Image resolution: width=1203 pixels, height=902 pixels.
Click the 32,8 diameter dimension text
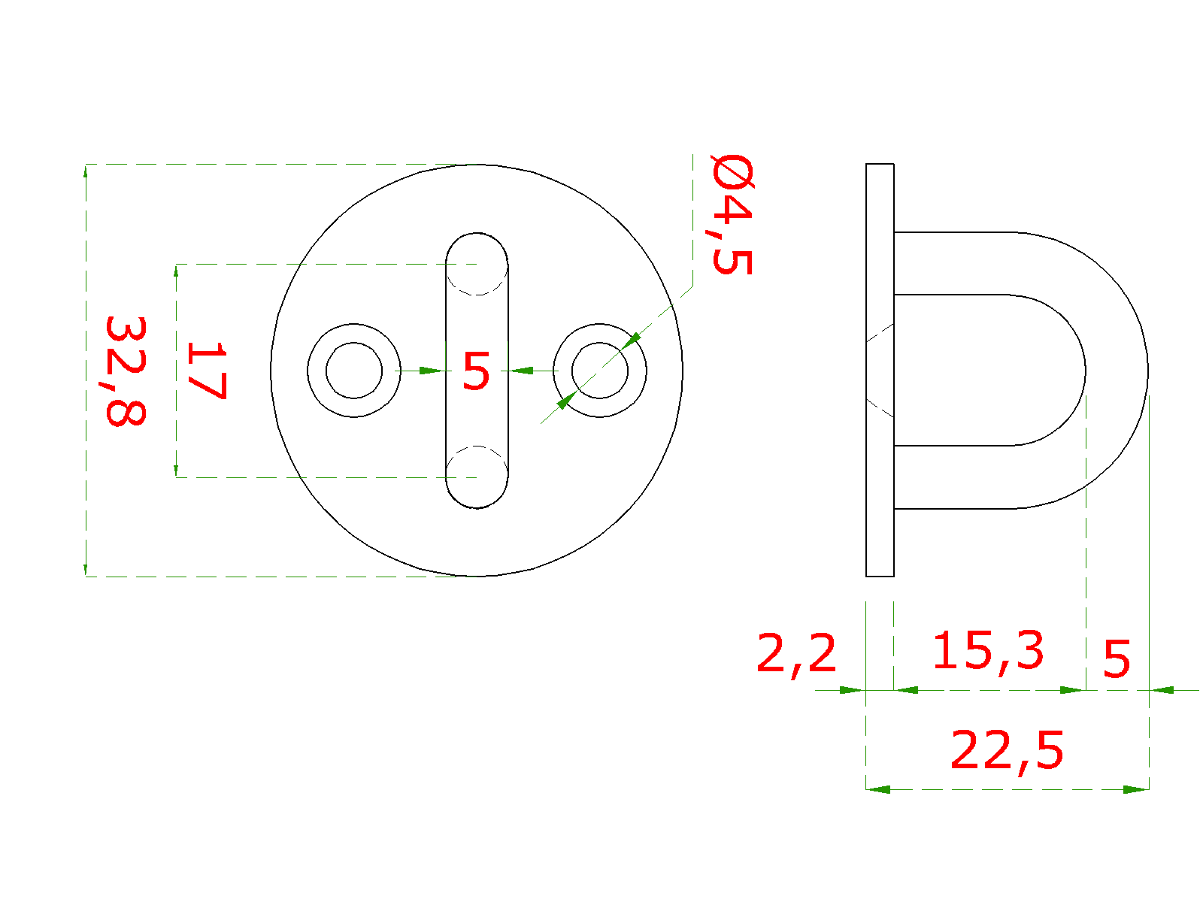coord(126,371)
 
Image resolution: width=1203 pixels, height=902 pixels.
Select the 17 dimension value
coord(207,371)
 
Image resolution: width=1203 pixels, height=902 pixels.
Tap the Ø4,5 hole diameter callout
coord(732,214)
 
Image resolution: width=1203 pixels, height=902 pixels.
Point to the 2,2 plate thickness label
coord(795,655)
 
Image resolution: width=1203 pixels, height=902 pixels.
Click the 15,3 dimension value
coord(988,652)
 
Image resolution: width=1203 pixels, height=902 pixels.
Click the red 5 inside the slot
coord(476,371)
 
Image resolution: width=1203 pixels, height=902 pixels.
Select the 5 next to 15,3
coord(1117,659)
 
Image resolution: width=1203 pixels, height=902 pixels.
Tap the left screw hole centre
coord(353,371)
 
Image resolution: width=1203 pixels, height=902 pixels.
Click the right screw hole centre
coord(599,371)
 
